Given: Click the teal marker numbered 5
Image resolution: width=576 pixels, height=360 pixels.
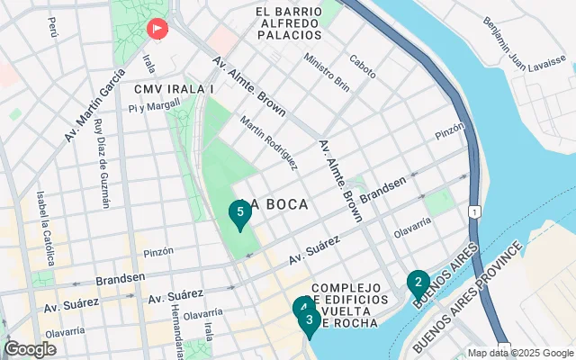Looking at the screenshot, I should point(238,213).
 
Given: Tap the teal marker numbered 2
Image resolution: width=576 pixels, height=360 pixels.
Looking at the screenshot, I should point(417,283).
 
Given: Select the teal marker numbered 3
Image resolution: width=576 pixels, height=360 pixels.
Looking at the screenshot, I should point(309,319).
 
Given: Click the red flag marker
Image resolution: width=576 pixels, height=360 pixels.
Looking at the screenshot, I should point(157,30).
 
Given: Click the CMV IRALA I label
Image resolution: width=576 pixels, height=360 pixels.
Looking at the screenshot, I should point(173,89).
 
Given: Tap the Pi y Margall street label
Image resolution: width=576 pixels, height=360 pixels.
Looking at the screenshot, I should point(148,108).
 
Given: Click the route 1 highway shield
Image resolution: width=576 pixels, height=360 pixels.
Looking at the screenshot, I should point(473,211).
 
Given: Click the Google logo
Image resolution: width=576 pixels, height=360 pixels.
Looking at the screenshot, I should point(30,349).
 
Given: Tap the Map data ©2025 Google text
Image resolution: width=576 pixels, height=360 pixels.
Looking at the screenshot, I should point(520,353).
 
